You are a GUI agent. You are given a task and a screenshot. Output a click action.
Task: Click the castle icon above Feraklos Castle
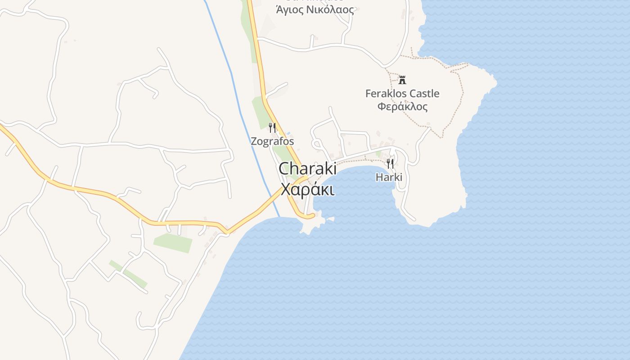[402, 80]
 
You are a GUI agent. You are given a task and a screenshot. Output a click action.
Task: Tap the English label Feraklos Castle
[402, 94]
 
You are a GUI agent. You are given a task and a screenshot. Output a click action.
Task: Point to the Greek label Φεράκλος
[402, 107]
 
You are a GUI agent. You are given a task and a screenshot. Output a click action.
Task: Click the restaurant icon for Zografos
[272, 128]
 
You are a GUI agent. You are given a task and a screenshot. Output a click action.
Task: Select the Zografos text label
[272, 141]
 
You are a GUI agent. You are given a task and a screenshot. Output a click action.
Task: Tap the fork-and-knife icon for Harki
[390, 163]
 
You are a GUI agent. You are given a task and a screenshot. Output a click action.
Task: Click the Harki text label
[389, 177]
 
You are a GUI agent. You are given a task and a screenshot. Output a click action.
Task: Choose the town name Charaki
[307, 169]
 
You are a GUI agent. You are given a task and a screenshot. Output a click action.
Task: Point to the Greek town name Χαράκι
[307, 189]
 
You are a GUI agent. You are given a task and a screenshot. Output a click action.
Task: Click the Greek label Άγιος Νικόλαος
[315, 9]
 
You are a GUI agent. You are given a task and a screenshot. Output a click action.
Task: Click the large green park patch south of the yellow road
[173, 243]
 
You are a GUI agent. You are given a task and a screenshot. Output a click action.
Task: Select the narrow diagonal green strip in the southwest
[128, 274]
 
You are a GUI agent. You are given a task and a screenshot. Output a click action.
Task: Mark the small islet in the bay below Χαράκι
[331, 219]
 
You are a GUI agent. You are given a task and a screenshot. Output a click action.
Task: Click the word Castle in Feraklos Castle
[424, 94]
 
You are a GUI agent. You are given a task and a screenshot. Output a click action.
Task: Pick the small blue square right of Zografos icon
[288, 133]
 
